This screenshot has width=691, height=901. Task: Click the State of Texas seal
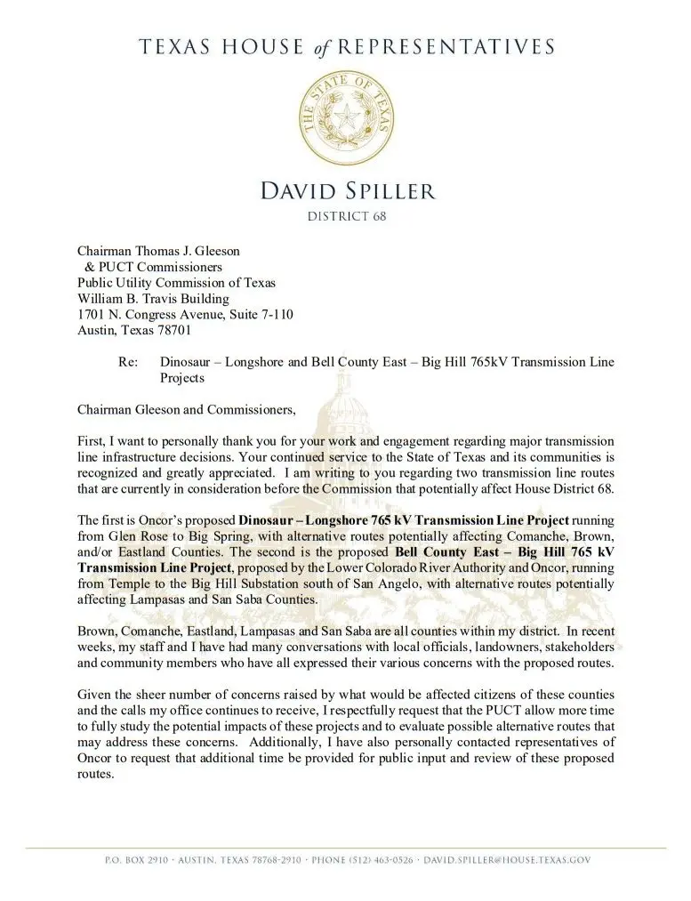[x=346, y=118]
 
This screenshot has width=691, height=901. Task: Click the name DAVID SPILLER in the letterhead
[x=345, y=189]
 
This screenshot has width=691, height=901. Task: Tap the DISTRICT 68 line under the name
[x=346, y=216]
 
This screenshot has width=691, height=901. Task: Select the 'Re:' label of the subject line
[x=127, y=362]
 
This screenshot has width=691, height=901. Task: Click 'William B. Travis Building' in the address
[x=153, y=299]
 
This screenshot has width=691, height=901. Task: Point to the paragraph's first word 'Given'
[x=95, y=693]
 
